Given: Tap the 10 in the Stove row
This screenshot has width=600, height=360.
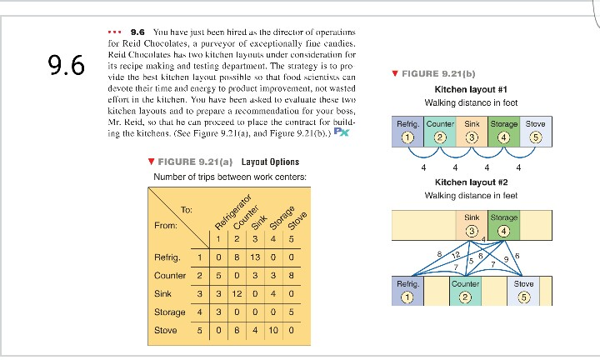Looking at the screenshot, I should click(275, 329).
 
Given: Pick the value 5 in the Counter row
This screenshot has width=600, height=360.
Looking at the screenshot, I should click(217, 273).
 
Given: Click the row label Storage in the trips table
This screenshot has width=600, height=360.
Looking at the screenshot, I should click(170, 311).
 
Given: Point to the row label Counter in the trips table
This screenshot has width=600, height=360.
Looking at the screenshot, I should click(170, 273).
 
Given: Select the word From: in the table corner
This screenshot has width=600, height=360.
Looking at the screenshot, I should click(167, 225).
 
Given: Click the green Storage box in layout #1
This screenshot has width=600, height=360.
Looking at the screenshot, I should click(503, 130).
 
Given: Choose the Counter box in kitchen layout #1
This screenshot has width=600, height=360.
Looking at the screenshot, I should click(440, 130).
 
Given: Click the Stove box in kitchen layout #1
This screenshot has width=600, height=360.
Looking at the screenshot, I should click(535, 130).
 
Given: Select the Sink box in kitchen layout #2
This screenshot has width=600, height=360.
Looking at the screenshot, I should click(472, 223).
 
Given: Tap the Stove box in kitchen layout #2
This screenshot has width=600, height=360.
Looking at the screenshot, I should click(524, 290).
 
